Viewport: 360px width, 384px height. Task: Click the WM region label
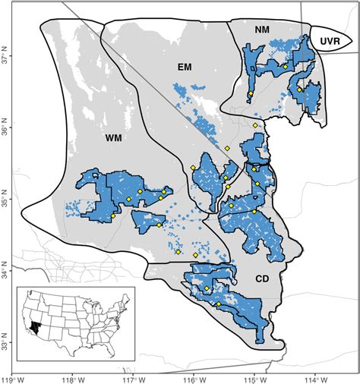coord(114,139)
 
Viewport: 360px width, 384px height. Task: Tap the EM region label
coord(184,68)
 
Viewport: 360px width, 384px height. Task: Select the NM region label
coord(263,29)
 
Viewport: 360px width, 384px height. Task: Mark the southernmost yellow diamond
coord(219,304)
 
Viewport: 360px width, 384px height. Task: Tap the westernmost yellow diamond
coord(112,216)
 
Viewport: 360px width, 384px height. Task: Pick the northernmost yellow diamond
coord(285,66)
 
